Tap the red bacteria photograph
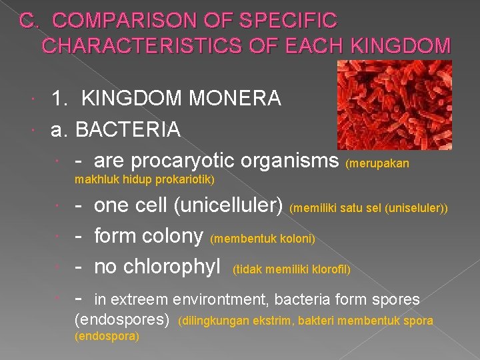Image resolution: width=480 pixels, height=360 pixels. [394, 105]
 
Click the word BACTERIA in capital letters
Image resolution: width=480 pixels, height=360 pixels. [128, 129]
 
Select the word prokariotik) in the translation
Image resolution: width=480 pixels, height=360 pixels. [184, 179]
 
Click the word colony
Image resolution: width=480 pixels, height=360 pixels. [172, 236]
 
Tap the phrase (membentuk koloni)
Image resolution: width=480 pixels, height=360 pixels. [263, 239]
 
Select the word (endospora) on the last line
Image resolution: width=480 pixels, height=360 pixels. [107, 337]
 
